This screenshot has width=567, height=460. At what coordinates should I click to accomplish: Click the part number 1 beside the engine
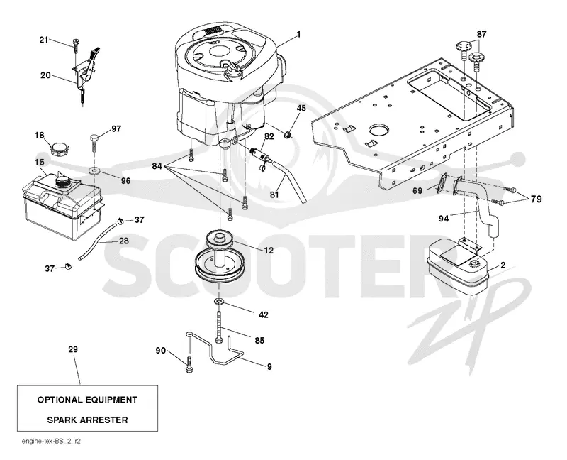pos(298,34)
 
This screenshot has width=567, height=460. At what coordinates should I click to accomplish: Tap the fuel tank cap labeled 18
pos(58,148)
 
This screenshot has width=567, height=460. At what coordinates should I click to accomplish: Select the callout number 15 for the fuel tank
pos(39,162)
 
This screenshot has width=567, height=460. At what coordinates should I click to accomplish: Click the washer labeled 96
pos(94,170)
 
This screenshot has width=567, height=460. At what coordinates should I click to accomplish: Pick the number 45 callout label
pos(301,108)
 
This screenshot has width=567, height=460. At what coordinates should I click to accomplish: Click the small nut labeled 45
pos(288,136)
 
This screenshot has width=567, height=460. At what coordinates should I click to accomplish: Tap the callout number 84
pos(157,166)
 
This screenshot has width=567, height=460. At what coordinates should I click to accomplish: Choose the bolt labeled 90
pos(189,364)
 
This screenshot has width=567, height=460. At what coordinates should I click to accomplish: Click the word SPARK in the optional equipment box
pos(62,420)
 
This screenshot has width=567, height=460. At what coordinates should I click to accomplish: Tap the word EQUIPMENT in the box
pos(107,400)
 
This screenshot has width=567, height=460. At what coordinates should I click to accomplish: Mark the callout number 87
pos(481,34)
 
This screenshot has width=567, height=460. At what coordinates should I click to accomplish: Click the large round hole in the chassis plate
pos(378,131)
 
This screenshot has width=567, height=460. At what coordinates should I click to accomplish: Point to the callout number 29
pos(73,349)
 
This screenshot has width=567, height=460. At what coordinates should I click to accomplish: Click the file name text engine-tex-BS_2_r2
pos(51,442)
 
